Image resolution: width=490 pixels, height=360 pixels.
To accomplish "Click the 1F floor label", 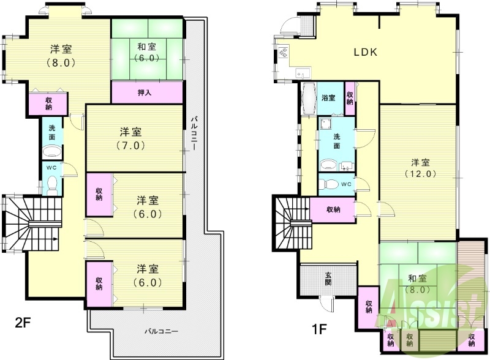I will point(319,328).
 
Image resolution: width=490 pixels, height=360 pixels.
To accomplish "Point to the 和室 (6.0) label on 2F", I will point(148,53).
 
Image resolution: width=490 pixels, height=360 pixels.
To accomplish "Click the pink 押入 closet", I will point(147,93).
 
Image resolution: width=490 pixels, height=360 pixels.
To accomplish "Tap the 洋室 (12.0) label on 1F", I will point(420,168).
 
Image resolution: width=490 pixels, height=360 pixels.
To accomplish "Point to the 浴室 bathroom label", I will point(328,98).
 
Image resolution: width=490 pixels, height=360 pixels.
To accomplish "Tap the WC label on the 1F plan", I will point(345,184).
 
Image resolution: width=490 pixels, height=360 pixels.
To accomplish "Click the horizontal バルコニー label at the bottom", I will point(161,331).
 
